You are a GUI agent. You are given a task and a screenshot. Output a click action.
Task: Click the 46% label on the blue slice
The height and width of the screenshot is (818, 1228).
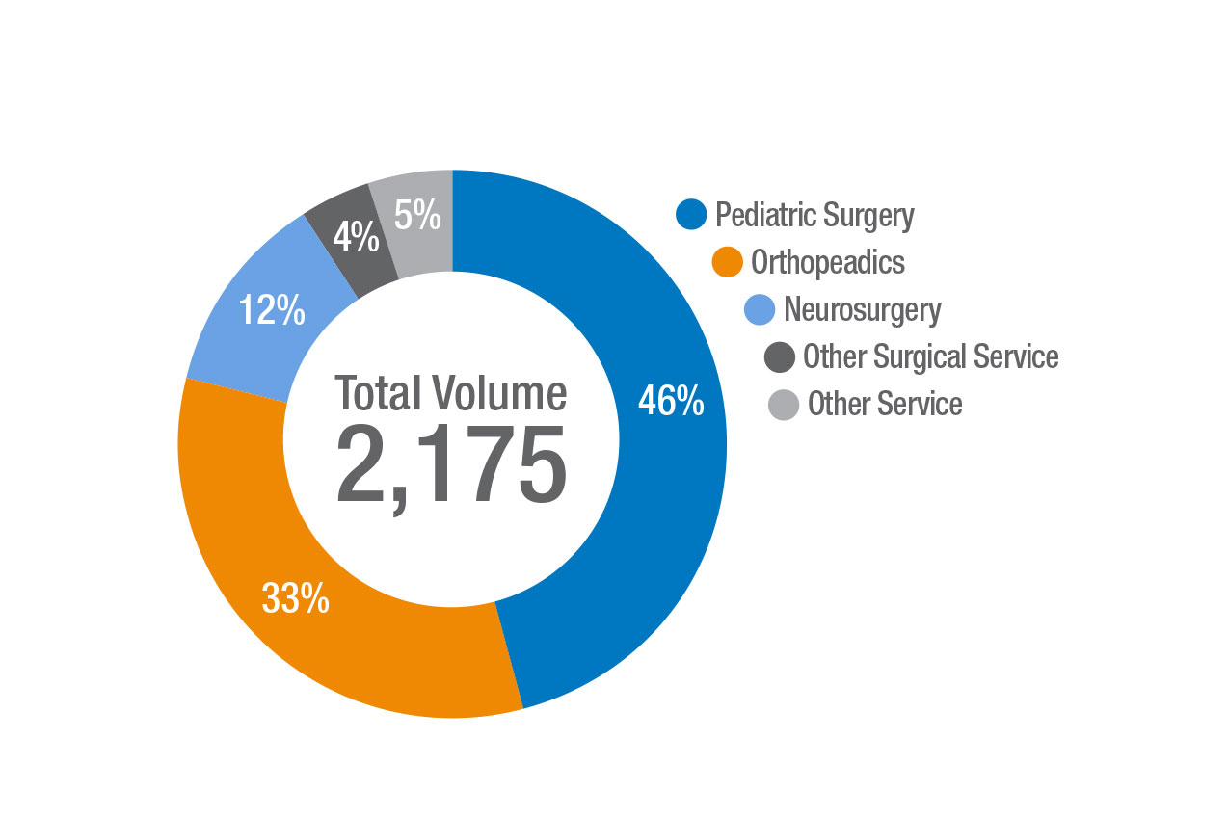click(671, 402)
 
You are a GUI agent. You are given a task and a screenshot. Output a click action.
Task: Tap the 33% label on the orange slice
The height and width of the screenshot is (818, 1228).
click(296, 599)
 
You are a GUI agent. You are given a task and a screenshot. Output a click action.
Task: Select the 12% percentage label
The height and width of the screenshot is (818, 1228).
click(272, 311)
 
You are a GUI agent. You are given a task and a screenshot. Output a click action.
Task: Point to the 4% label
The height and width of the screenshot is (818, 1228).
click(356, 237)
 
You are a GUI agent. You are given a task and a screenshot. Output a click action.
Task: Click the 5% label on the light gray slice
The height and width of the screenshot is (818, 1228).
click(417, 216)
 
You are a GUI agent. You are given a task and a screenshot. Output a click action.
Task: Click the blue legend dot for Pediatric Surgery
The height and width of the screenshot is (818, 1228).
click(691, 215)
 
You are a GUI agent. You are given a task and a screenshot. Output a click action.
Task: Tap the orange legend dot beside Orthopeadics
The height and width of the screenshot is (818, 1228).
click(727, 262)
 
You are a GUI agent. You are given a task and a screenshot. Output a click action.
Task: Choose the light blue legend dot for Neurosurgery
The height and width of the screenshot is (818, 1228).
click(761, 309)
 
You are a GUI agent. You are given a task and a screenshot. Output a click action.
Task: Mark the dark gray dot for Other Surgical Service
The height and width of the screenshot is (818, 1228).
click(779, 356)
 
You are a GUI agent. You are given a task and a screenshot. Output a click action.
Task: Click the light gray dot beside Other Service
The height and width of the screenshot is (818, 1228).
click(784, 404)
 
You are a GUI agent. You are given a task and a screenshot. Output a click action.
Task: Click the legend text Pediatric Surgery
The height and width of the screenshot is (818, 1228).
click(814, 215)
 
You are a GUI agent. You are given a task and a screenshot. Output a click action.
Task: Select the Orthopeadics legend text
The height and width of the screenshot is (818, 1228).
click(827, 262)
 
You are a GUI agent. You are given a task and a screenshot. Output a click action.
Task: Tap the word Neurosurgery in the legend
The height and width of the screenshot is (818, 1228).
click(862, 309)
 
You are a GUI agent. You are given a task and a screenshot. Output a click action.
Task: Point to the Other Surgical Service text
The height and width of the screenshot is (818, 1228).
click(930, 356)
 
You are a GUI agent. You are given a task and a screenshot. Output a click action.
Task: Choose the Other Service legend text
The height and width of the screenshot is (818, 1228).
click(884, 404)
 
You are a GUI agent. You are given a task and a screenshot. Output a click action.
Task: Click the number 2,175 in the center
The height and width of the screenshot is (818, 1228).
click(450, 465)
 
